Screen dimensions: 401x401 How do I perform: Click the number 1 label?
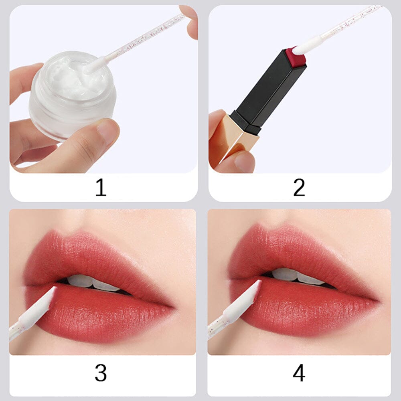pos(101,188)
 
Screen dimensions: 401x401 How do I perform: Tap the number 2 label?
pos(299,188)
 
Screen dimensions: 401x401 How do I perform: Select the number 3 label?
pos(101,373)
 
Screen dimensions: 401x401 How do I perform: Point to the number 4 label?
pos(299,373)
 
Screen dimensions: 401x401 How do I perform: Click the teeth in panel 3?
pos(94,282)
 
